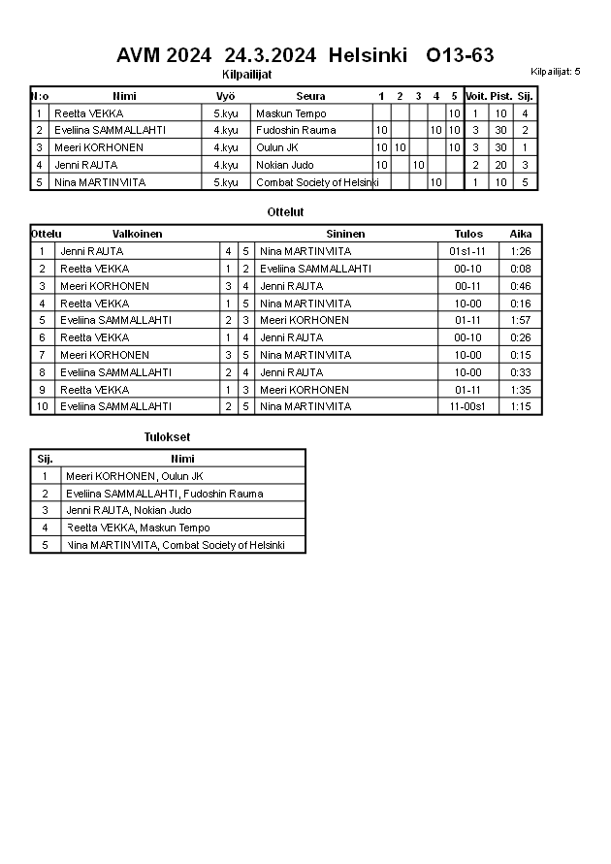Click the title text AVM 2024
pyautogui.click(x=163, y=55)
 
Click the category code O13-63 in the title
pyautogui.click(x=460, y=55)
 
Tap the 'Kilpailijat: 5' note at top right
pyautogui.click(x=555, y=72)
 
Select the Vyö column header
pyautogui.click(x=225, y=96)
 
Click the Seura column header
pyautogui.click(x=310, y=96)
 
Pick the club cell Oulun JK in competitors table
pyautogui.click(x=277, y=147)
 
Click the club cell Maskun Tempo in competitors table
pyautogui.click(x=290, y=113)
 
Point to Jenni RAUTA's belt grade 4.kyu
pyautogui.click(x=225, y=165)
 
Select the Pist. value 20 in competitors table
pyautogui.click(x=500, y=165)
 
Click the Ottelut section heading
pyautogui.click(x=285, y=211)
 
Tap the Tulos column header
pyautogui.click(x=468, y=234)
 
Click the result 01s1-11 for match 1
pyautogui.click(x=467, y=251)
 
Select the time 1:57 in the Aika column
pyautogui.click(x=521, y=320)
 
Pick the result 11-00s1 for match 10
pyautogui.click(x=467, y=406)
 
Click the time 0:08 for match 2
pyautogui.click(x=521, y=269)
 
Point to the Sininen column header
pyautogui.click(x=346, y=234)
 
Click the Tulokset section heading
pyautogui.click(x=167, y=437)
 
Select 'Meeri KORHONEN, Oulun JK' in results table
pyautogui.click(x=134, y=476)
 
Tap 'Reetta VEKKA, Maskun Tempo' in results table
pyautogui.click(x=138, y=528)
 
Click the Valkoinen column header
pyautogui.click(x=137, y=234)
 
